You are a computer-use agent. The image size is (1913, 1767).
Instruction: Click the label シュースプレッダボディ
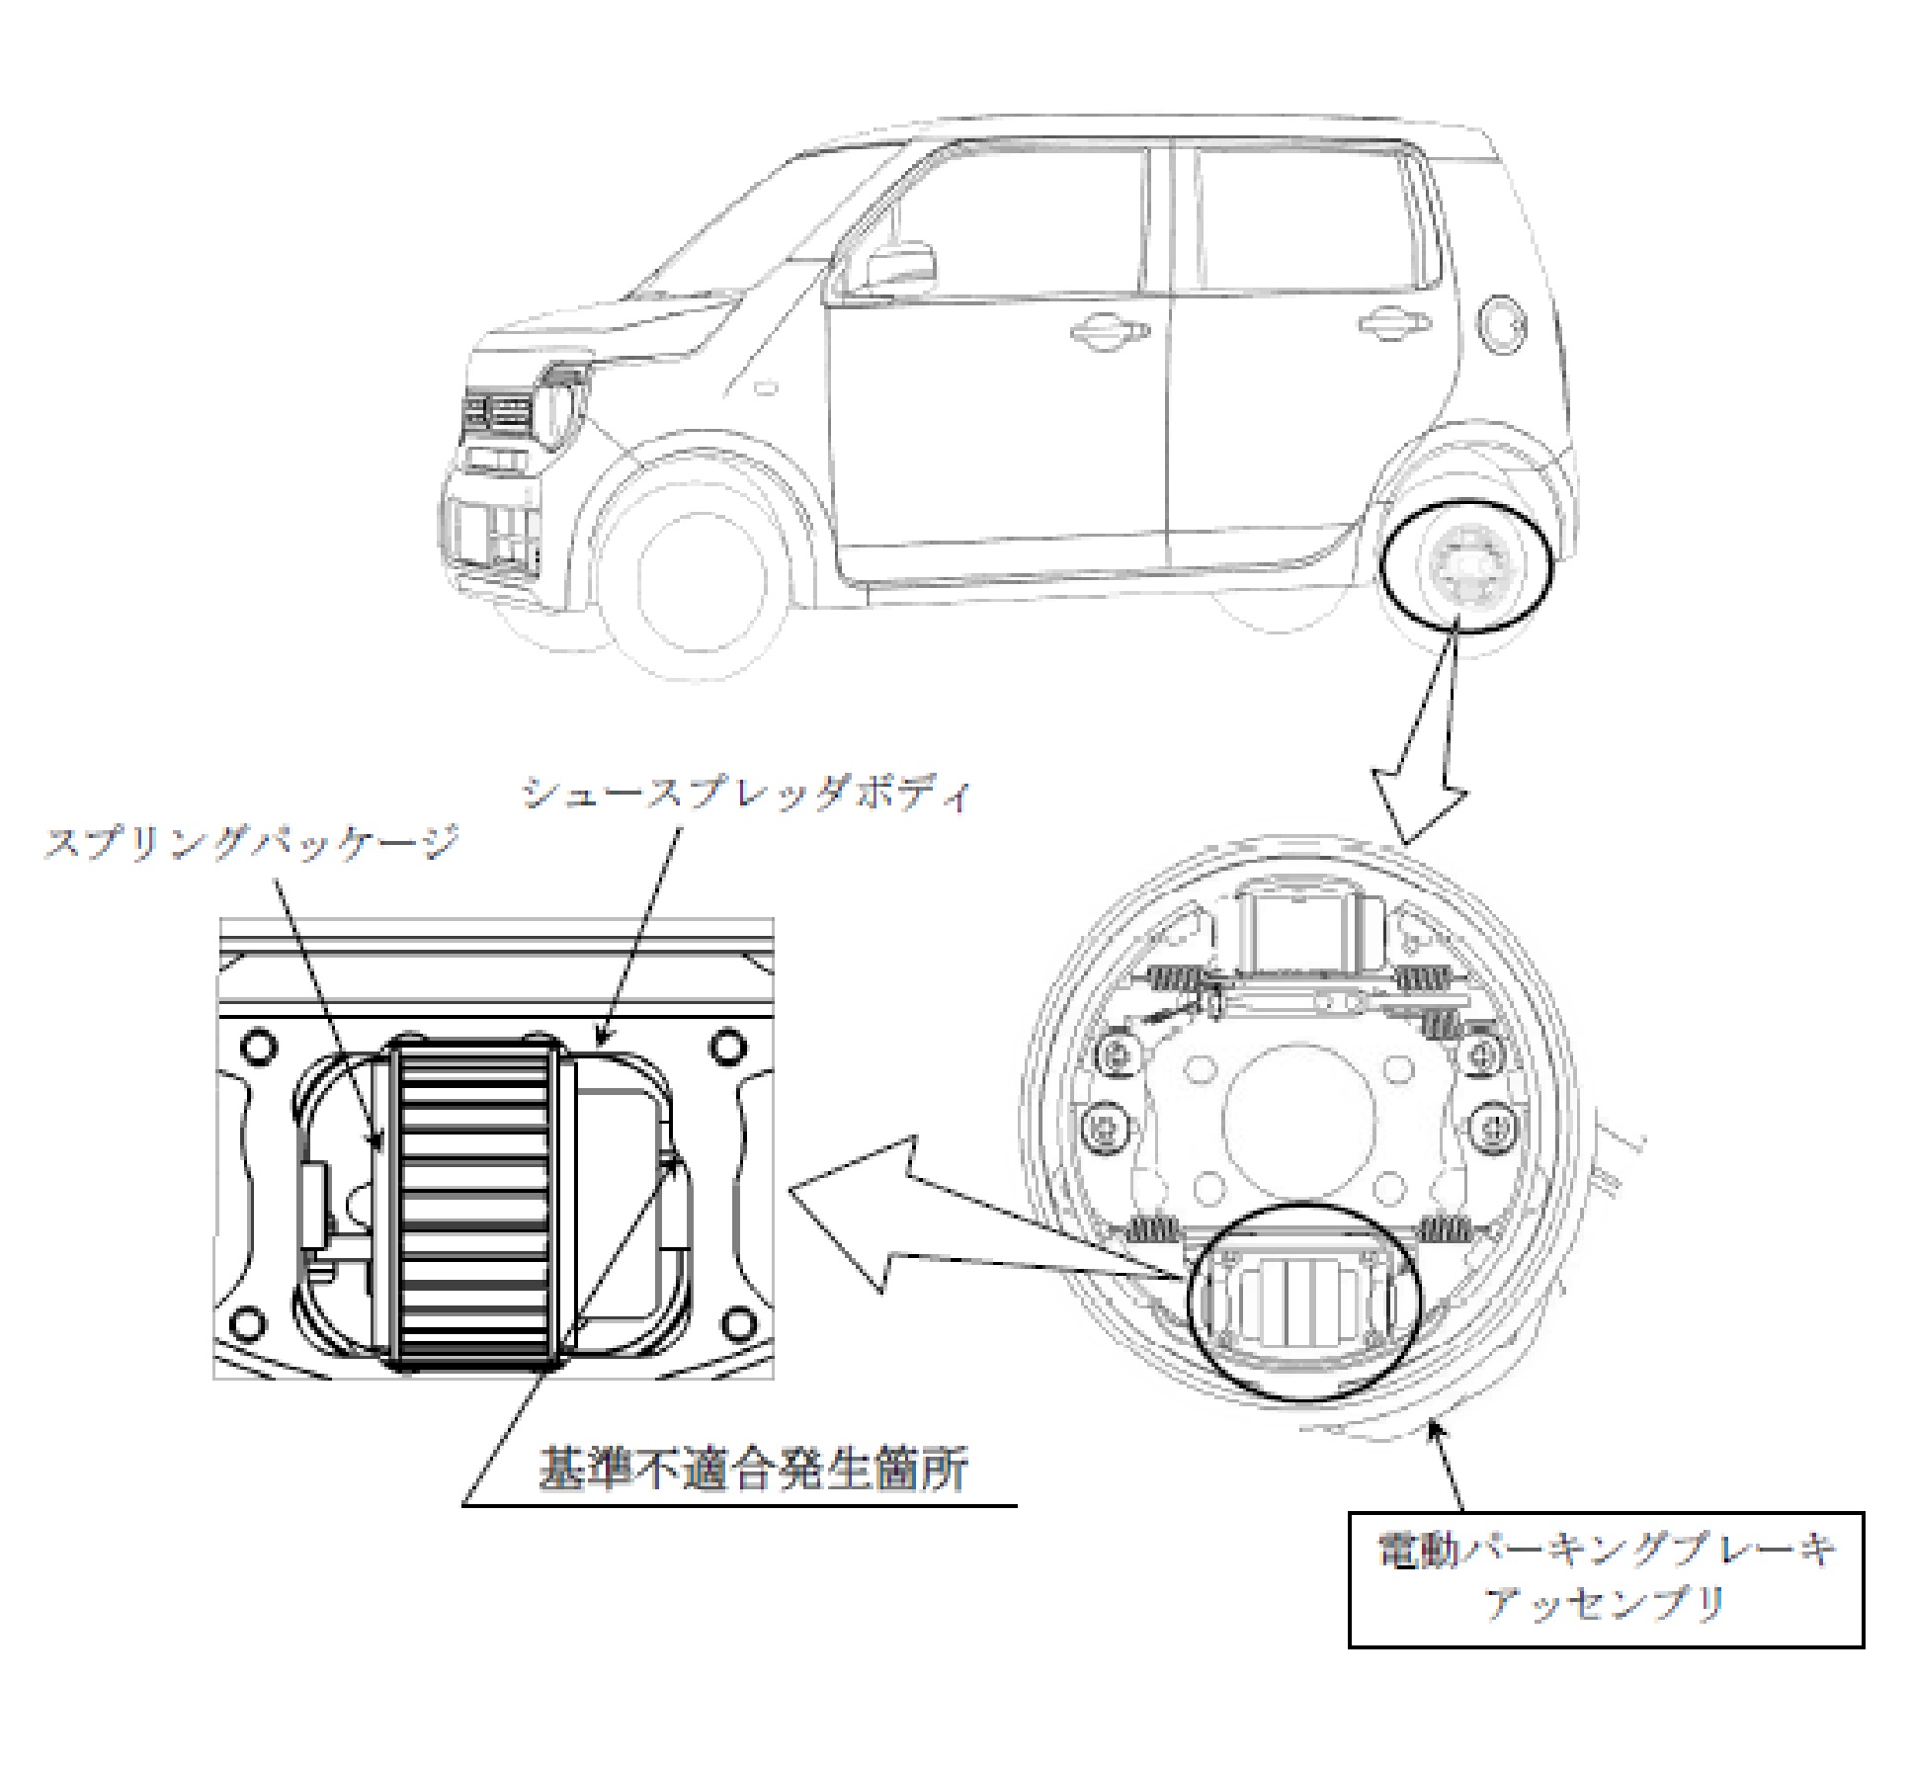[x=746, y=794]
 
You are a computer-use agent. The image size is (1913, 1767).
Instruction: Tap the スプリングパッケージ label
[x=253, y=843]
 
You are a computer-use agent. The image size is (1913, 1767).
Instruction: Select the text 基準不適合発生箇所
[x=754, y=1470]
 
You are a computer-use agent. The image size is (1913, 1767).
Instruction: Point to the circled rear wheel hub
[x=1466, y=567]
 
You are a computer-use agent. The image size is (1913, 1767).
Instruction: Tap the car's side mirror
[x=899, y=267]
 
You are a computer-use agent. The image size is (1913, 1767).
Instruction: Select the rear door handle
[x=1394, y=322]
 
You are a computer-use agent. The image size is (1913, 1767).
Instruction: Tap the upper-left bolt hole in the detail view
[x=257, y=1046]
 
